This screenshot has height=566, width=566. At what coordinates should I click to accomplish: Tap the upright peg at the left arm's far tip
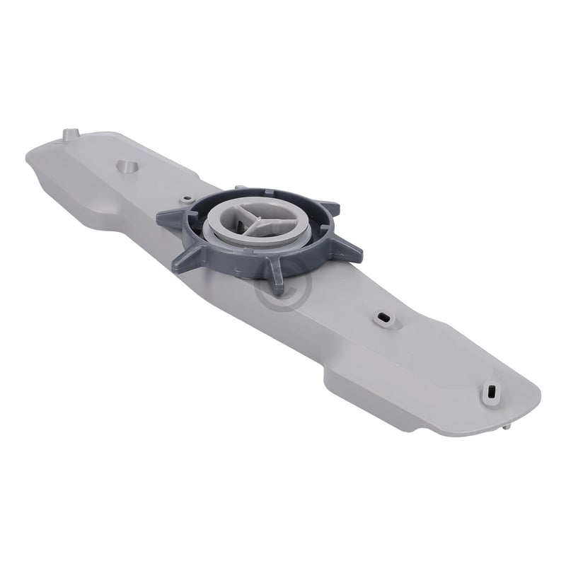[x=71, y=134]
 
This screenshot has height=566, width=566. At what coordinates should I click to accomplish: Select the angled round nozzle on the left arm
[x=126, y=166]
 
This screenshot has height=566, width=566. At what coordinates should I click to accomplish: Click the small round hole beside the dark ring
[x=186, y=199]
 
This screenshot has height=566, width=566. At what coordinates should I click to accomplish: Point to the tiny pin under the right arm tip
[x=508, y=427]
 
